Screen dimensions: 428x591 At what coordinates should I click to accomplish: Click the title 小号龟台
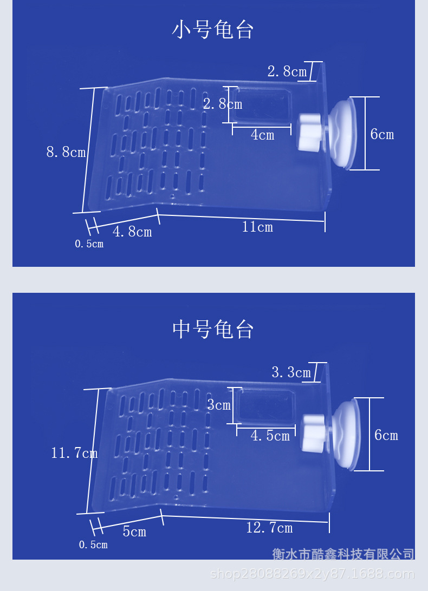tap(212, 30)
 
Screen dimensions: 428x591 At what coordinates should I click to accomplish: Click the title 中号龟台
tap(212, 330)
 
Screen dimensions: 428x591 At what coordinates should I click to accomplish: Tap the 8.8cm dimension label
tap(66, 152)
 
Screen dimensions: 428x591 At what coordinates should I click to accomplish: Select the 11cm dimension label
tap(257, 227)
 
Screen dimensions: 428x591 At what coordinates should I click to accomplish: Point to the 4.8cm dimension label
tap(133, 232)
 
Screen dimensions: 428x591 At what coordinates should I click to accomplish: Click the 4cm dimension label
tap(263, 135)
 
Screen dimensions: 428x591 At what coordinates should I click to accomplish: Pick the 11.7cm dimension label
tap(74, 452)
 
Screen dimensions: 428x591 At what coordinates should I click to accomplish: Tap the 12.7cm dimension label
tap(269, 528)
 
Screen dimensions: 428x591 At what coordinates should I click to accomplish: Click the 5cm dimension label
tap(134, 531)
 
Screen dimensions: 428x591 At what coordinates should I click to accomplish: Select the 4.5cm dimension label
tap(270, 436)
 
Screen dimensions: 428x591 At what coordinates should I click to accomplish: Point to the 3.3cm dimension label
tap(291, 372)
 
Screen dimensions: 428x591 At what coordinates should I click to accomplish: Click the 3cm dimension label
tap(219, 405)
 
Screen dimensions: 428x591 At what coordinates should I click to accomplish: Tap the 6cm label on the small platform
tap(382, 134)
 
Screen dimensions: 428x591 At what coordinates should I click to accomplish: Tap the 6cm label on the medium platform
tap(386, 435)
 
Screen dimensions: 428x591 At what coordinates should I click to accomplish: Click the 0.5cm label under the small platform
tap(89, 244)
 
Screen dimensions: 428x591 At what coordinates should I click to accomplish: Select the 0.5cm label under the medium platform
tap(93, 544)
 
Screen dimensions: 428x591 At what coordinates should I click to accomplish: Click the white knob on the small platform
tap(311, 132)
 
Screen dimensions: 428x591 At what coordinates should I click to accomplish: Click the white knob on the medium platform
tap(315, 433)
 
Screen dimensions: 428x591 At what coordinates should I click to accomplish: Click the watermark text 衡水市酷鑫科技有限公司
tap(343, 554)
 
